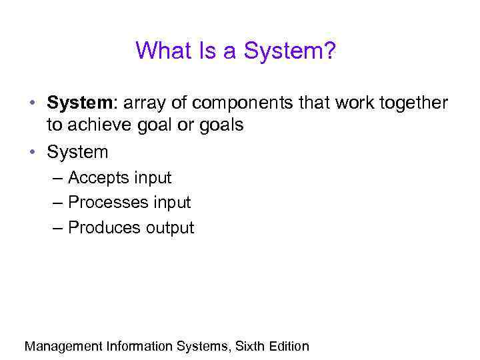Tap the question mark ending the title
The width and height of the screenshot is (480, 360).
tap(329, 51)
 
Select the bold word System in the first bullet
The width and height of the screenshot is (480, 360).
tap(73, 103)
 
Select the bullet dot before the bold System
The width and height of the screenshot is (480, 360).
tap(33, 104)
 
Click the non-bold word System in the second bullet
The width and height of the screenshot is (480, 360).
tap(77, 152)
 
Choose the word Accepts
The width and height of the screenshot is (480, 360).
tap(98, 178)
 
